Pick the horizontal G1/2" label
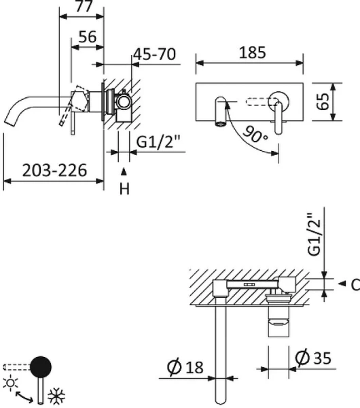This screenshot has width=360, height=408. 158,143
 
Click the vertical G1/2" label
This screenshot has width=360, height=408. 315,235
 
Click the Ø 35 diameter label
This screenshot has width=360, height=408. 316,357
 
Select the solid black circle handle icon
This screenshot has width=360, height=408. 42,367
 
